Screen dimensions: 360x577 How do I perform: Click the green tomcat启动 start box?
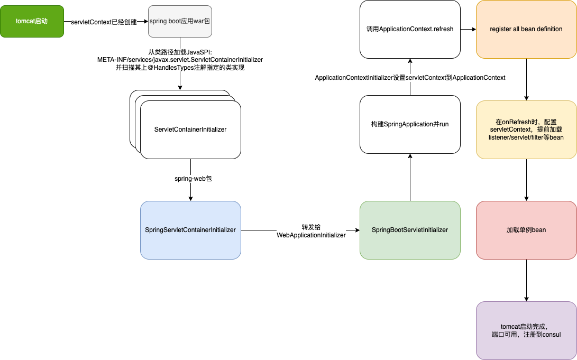click(32, 21)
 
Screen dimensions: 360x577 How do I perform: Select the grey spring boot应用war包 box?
click(180, 21)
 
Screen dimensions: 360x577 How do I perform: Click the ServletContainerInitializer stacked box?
click(190, 130)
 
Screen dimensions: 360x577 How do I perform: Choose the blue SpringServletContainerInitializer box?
click(190, 230)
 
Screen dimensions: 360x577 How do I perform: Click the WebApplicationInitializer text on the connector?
click(311, 235)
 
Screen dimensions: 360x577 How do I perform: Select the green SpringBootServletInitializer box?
click(410, 230)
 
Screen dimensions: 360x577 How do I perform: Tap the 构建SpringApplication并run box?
click(410, 124)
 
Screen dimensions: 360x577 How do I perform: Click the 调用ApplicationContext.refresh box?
click(410, 29)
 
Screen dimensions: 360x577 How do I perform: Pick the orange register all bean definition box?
click(526, 29)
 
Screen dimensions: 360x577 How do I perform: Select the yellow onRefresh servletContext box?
click(526, 130)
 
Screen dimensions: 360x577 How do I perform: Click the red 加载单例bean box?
click(526, 230)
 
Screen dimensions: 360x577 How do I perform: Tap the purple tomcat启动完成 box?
click(526, 330)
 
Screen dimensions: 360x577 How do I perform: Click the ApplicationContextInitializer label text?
click(410, 78)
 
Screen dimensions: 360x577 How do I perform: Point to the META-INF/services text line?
click(180, 60)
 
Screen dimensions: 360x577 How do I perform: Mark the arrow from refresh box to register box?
click(468, 29)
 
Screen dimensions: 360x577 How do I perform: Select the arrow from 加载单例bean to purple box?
click(526, 280)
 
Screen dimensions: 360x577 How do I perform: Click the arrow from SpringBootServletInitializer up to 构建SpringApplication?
click(410, 177)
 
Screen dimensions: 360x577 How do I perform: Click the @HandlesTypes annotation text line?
click(180, 68)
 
